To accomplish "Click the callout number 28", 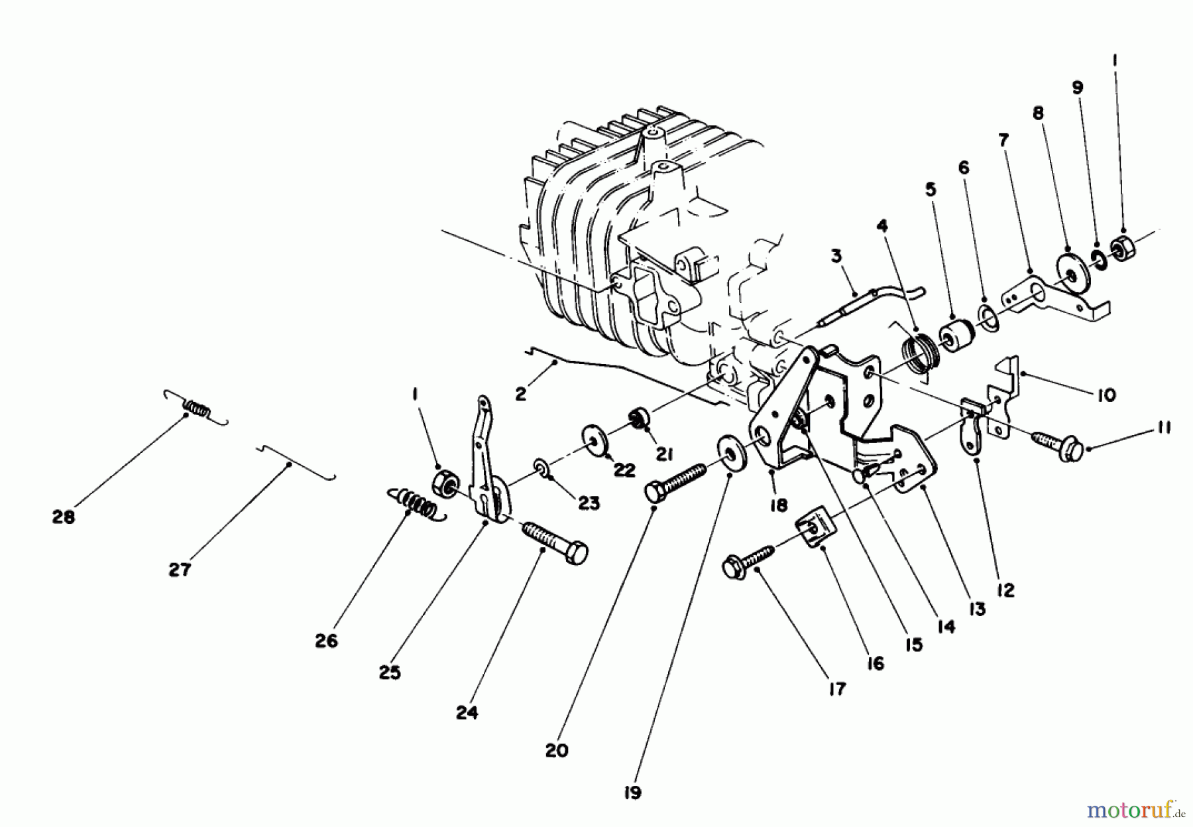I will point(64,517).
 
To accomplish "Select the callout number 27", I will point(180,570).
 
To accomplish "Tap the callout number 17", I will point(837,689).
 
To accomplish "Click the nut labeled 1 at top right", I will point(1122,250).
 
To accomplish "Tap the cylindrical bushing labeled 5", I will point(956,336).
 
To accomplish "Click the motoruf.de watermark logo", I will point(1140,809).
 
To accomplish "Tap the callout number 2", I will point(520,395).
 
